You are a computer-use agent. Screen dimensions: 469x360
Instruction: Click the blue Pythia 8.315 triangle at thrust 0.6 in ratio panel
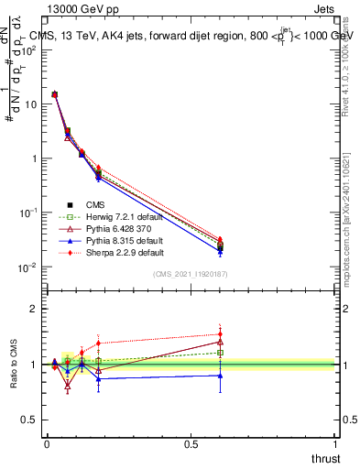(220, 376)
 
